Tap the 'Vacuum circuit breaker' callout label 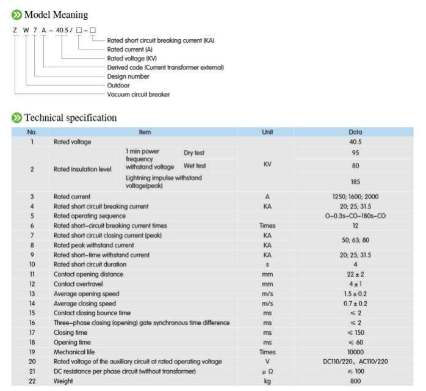(139, 95)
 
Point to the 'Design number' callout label (128, 76)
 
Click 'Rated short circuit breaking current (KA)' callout (161, 40)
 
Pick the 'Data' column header (356, 131)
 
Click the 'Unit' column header (267, 131)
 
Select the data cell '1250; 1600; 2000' (356, 197)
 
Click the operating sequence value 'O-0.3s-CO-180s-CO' (356, 216)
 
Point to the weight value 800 (356, 381)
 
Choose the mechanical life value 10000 (356, 352)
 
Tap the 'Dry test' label (195, 152)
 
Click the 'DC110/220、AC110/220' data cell (356, 362)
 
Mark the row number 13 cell (32, 293)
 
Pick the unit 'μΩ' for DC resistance (267, 371)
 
